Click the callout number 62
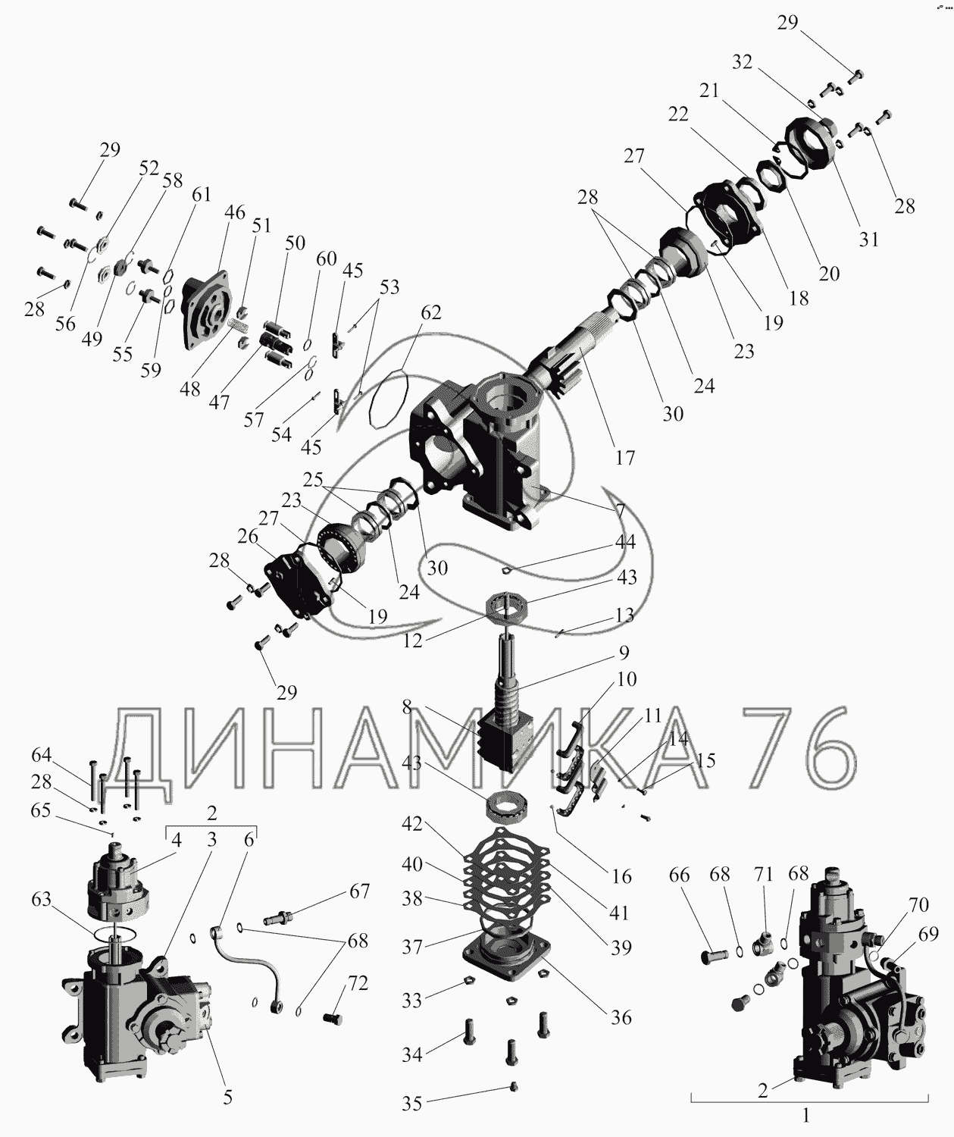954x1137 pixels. tap(430, 313)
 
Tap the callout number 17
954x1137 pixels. tap(625, 458)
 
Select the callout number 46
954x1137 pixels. tap(235, 212)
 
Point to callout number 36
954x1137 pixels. tap(621, 1017)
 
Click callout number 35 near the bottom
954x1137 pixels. tap(411, 1103)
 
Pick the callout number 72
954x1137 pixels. tap(358, 984)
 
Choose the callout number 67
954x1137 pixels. tap(359, 891)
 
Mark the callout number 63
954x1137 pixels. tap(42, 900)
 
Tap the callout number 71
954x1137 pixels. tap(763, 875)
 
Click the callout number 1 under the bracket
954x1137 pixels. tap(806, 1116)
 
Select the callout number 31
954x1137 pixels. tap(868, 239)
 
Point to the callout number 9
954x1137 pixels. tap(623, 652)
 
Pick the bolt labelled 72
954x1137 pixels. tap(331, 1018)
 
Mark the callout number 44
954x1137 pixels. tap(625, 543)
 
